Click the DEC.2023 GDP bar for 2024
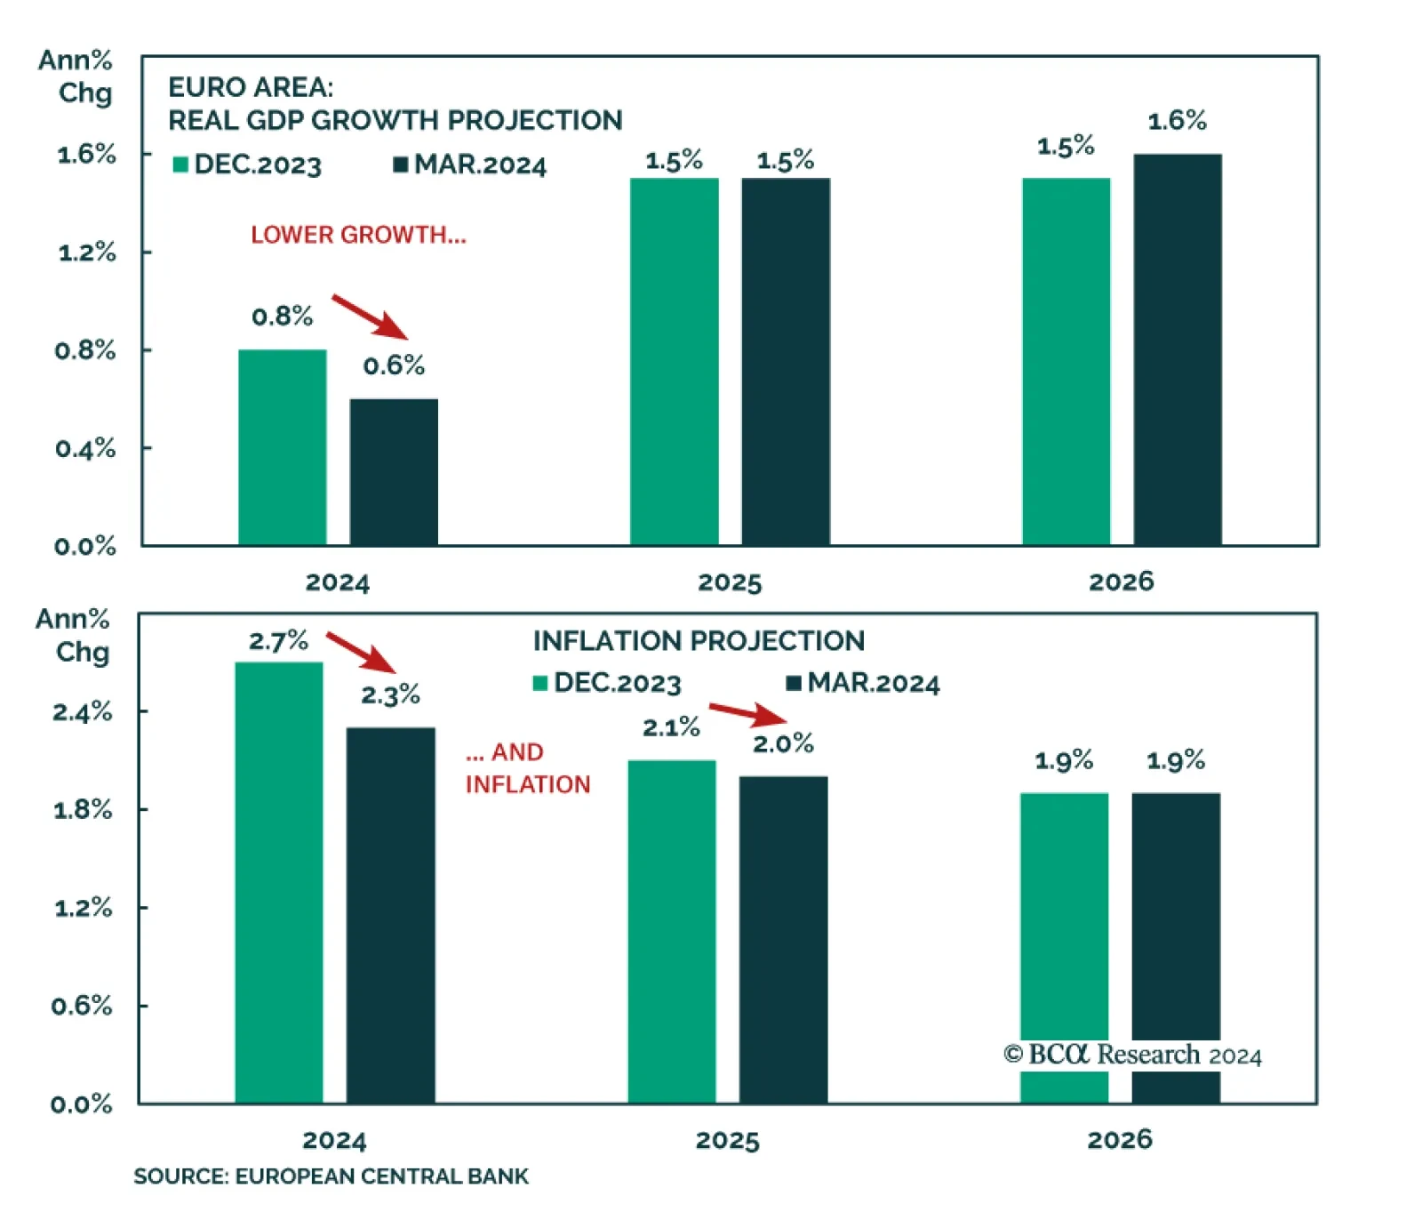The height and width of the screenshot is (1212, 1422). tap(282, 447)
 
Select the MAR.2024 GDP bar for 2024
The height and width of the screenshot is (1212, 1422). tap(394, 472)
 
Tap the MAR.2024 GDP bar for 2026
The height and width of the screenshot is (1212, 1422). tap(1177, 349)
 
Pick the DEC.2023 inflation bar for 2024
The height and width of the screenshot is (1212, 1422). tap(278, 882)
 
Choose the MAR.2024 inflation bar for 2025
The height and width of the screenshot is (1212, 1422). tap(783, 939)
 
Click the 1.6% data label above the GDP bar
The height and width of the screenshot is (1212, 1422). tap(1177, 121)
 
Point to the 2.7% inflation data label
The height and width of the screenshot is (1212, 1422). tap(278, 641)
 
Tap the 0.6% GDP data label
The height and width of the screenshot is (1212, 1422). tap(394, 365)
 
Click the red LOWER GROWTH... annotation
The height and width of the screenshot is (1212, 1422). tap(358, 235)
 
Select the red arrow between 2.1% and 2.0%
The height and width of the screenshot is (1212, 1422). tap(748, 713)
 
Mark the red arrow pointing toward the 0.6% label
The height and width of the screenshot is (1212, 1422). tap(370, 317)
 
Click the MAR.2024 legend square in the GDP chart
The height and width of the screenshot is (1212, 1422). tap(401, 165)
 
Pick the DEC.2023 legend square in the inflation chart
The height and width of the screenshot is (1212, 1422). tap(539, 683)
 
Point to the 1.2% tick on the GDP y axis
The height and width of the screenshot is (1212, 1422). tap(86, 253)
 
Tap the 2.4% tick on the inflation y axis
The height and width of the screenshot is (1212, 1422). tap(83, 711)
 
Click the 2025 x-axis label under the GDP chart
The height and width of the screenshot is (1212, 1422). tap(730, 582)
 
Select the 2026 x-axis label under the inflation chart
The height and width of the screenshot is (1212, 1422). tap(1120, 1139)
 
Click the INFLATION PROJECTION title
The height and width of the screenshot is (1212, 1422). tap(699, 641)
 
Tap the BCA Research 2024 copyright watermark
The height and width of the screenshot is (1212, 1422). tap(1132, 1055)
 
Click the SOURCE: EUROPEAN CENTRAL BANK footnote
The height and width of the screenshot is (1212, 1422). tap(331, 1176)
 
